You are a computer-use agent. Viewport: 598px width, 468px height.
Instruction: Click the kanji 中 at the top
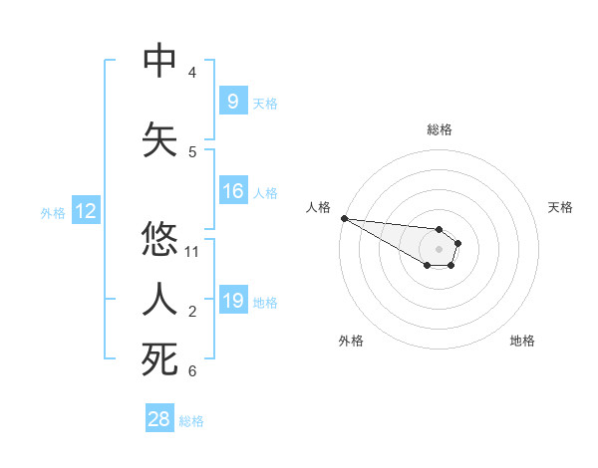[x=159, y=61]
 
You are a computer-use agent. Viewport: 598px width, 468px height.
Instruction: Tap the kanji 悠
[x=159, y=240]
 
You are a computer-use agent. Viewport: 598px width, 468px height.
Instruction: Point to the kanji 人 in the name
[x=159, y=300]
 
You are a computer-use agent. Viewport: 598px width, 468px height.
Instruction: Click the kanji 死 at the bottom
[x=159, y=359]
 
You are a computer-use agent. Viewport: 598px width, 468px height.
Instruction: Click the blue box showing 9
[x=232, y=101]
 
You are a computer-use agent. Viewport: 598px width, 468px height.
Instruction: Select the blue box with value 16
[x=232, y=191]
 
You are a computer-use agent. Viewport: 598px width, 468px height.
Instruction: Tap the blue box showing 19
[x=232, y=300]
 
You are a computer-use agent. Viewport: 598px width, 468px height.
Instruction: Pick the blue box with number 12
[x=85, y=211]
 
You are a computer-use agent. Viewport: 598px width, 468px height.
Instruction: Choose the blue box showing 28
[x=159, y=419]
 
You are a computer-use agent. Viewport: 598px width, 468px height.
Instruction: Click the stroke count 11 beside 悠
[x=192, y=252]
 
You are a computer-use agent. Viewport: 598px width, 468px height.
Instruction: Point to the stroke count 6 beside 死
[x=192, y=371]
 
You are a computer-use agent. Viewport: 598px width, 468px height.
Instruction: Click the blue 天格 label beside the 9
[x=265, y=103]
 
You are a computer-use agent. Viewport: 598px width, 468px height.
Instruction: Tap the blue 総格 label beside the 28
[x=191, y=421]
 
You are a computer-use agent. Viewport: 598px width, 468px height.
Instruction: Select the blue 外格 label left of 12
[x=52, y=212]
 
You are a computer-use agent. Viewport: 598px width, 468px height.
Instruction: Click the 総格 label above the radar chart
[x=439, y=129]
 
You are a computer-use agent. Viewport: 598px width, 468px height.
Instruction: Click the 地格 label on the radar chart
[x=522, y=341]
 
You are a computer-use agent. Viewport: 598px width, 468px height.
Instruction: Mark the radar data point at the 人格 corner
[x=344, y=218]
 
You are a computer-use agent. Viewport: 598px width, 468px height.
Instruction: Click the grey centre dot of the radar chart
[x=439, y=249]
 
